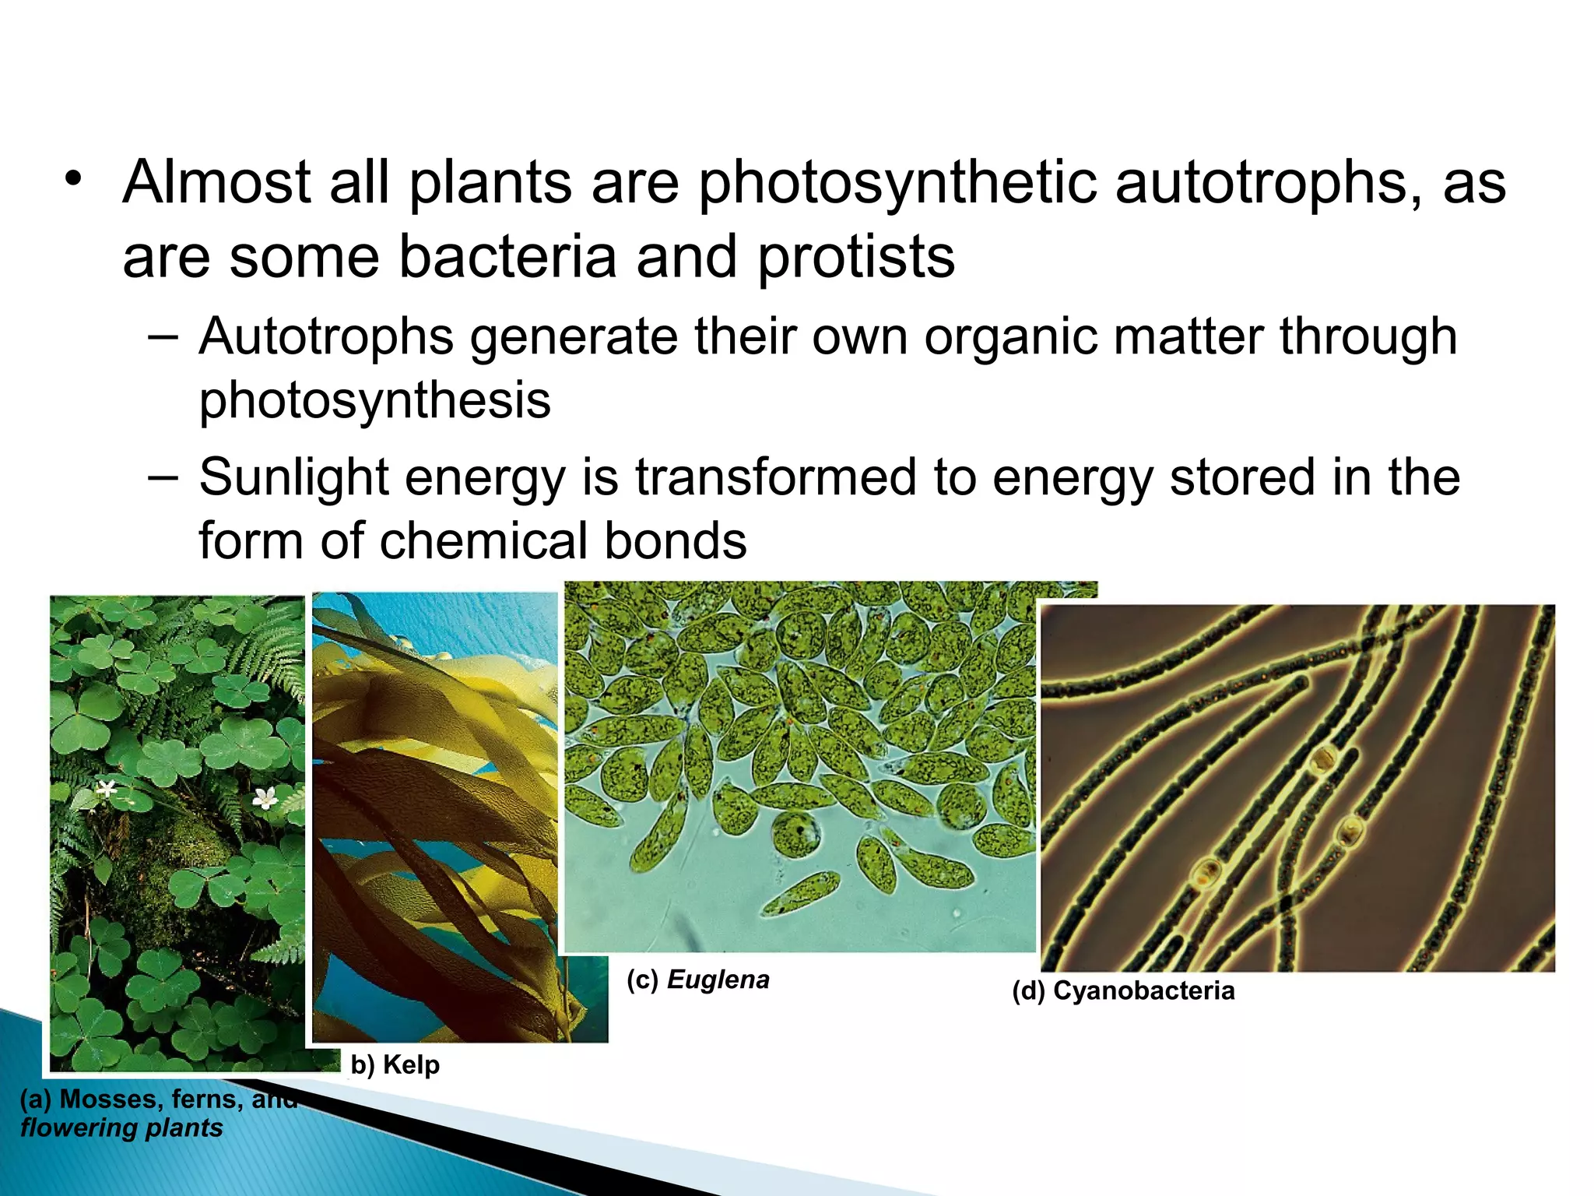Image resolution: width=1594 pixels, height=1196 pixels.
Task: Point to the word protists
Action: coord(856,257)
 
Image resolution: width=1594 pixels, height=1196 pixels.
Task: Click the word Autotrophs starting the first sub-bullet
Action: coord(326,337)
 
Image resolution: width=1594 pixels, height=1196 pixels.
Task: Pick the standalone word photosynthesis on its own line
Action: coord(374,401)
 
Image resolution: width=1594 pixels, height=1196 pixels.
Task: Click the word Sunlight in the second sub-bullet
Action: coord(293,477)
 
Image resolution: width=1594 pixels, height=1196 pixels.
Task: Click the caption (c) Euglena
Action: coord(698,980)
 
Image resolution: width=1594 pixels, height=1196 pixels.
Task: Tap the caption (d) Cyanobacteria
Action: coord(1123,991)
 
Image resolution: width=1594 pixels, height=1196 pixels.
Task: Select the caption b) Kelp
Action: coord(395,1065)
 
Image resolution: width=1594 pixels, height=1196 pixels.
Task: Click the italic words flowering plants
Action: coord(121,1128)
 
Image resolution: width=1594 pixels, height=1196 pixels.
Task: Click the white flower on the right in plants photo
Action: coord(265,797)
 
